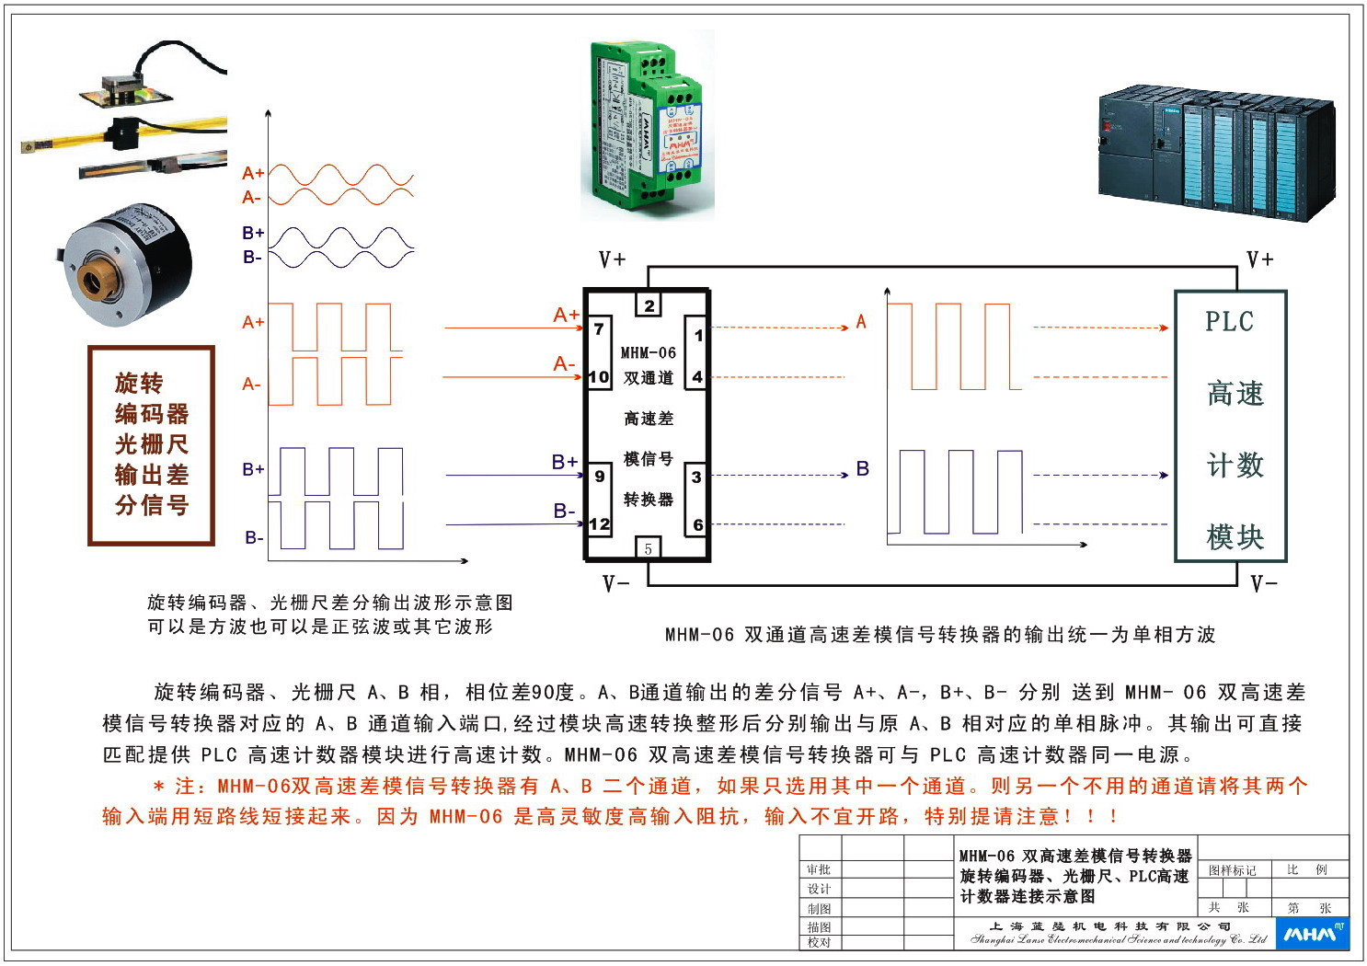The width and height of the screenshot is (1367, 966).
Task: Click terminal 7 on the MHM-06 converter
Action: pyautogui.click(x=599, y=328)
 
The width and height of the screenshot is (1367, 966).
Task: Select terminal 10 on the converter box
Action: pyautogui.click(x=599, y=376)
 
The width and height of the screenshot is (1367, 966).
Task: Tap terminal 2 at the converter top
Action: pyautogui.click(x=649, y=305)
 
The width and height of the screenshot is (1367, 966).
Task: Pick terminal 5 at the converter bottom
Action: pyautogui.click(x=649, y=548)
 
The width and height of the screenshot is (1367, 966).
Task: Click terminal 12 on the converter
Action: pyautogui.click(x=599, y=524)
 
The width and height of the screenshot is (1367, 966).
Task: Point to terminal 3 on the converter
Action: pyautogui.click(x=696, y=477)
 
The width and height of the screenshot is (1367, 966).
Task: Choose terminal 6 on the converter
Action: pyautogui.click(x=697, y=524)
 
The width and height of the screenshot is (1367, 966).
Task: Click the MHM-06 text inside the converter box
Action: pyautogui.click(x=648, y=352)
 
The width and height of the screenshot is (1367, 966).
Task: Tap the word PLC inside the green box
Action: pyautogui.click(x=1229, y=322)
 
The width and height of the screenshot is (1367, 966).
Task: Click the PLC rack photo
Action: pyautogui.click(x=1215, y=149)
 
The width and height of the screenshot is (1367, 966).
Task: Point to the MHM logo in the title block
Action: pyautogui.click(x=1312, y=934)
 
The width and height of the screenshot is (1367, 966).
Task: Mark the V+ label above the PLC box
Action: pyautogui.click(x=1259, y=259)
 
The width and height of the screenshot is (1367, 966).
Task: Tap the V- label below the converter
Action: pyautogui.click(x=615, y=583)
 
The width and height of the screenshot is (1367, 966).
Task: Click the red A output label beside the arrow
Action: pyautogui.click(x=861, y=322)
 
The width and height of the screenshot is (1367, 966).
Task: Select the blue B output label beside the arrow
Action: pyautogui.click(x=862, y=469)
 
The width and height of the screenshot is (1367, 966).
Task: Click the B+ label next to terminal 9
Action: pyautogui.click(x=564, y=462)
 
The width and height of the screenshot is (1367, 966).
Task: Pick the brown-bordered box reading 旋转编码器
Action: pyautogui.click(x=152, y=445)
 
